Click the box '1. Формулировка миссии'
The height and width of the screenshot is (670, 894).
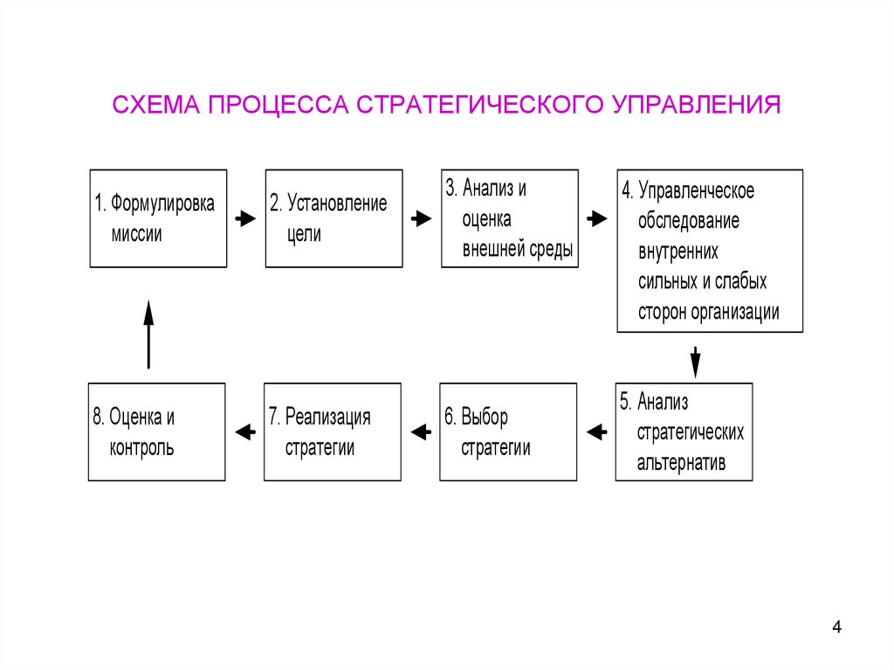158,218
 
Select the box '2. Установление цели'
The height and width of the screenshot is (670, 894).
334,218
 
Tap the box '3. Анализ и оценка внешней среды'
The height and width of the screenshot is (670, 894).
509,218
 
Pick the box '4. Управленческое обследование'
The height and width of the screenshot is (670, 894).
710,251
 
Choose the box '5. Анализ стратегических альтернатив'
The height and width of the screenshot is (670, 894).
684,432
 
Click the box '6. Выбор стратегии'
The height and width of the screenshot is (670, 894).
508,432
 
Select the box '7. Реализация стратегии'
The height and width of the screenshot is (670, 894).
333,432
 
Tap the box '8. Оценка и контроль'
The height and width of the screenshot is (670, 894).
157,432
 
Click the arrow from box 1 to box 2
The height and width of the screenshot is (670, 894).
245,219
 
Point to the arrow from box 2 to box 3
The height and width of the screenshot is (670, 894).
421,219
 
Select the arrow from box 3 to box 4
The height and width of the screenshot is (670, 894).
596,219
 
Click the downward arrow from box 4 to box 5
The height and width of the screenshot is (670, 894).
696,360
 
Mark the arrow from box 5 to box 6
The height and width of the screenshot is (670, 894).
596,432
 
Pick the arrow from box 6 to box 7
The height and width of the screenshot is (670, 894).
421,432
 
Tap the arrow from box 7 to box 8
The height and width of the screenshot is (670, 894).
245,432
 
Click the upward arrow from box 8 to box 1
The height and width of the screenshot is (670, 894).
148,334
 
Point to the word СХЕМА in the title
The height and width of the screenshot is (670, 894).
154,104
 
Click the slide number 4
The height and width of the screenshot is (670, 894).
836,627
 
